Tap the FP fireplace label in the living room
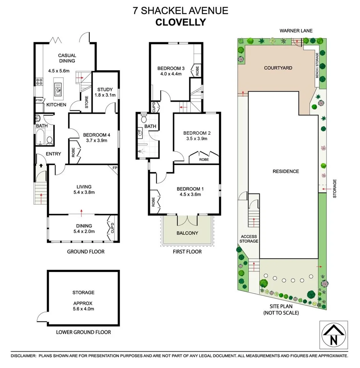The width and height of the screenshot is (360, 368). tap(114, 168)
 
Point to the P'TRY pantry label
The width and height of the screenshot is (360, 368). tap(39, 101)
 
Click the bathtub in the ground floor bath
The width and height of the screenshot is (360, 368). tap(41, 135)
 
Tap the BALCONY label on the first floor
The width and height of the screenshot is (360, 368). tap(187, 233)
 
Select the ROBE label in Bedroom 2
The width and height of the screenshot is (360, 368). tap(204, 159)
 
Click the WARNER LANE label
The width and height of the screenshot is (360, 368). tap(296, 31)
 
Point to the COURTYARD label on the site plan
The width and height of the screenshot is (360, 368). tap(278, 68)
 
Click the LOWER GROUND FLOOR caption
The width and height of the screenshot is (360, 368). tap(83, 332)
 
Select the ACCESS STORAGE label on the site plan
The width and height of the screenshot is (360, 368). tap(249, 239)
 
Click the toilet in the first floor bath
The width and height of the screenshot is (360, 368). tap(144, 119)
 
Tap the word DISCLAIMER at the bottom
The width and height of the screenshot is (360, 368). tap(24, 355)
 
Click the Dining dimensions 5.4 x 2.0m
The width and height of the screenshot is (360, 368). tap(84, 231)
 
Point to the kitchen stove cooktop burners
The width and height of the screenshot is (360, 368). tap(39, 82)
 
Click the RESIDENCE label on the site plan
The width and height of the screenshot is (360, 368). tap(285, 171)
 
